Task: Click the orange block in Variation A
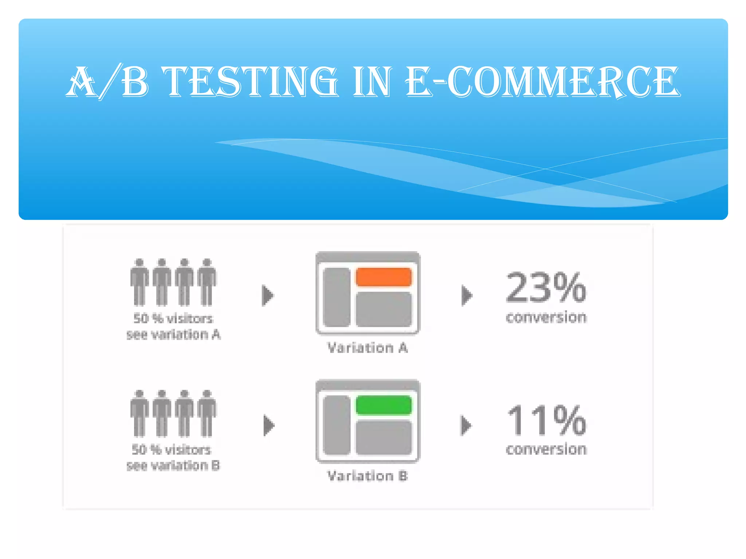click(384, 277)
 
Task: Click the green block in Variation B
click(384, 405)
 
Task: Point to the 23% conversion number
click(546, 288)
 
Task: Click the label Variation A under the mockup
click(367, 348)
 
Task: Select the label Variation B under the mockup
click(367, 476)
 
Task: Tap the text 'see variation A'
click(173, 334)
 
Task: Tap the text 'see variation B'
click(173, 465)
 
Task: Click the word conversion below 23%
click(546, 317)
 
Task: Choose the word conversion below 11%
click(546, 449)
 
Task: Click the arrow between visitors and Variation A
click(268, 295)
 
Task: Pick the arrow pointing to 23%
click(467, 295)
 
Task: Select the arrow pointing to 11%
click(466, 425)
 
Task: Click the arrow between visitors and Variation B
click(268, 425)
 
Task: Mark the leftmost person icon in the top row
click(140, 282)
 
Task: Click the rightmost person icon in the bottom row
click(207, 413)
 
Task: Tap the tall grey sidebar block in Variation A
click(337, 297)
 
